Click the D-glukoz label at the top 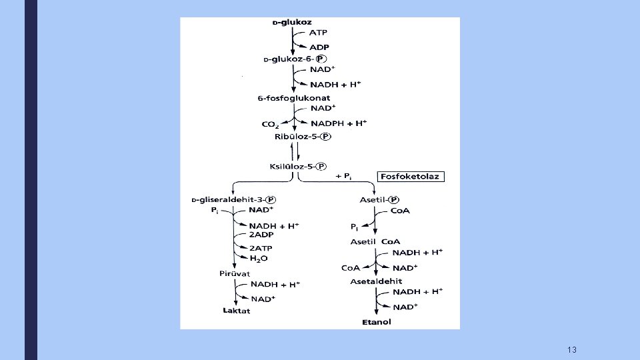pos(292,22)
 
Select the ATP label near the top pos(318,33)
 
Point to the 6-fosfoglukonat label pos(293,98)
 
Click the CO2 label pos(271,123)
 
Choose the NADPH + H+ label pos(339,123)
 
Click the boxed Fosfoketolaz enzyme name pos(411,177)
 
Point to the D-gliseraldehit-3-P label pos(233,199)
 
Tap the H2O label pos(259,259)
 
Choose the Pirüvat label pos(234,273)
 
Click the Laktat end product pos(236,311)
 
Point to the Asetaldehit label pos(376,281)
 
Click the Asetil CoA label pos(375,241)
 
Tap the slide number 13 pos(571,350)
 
